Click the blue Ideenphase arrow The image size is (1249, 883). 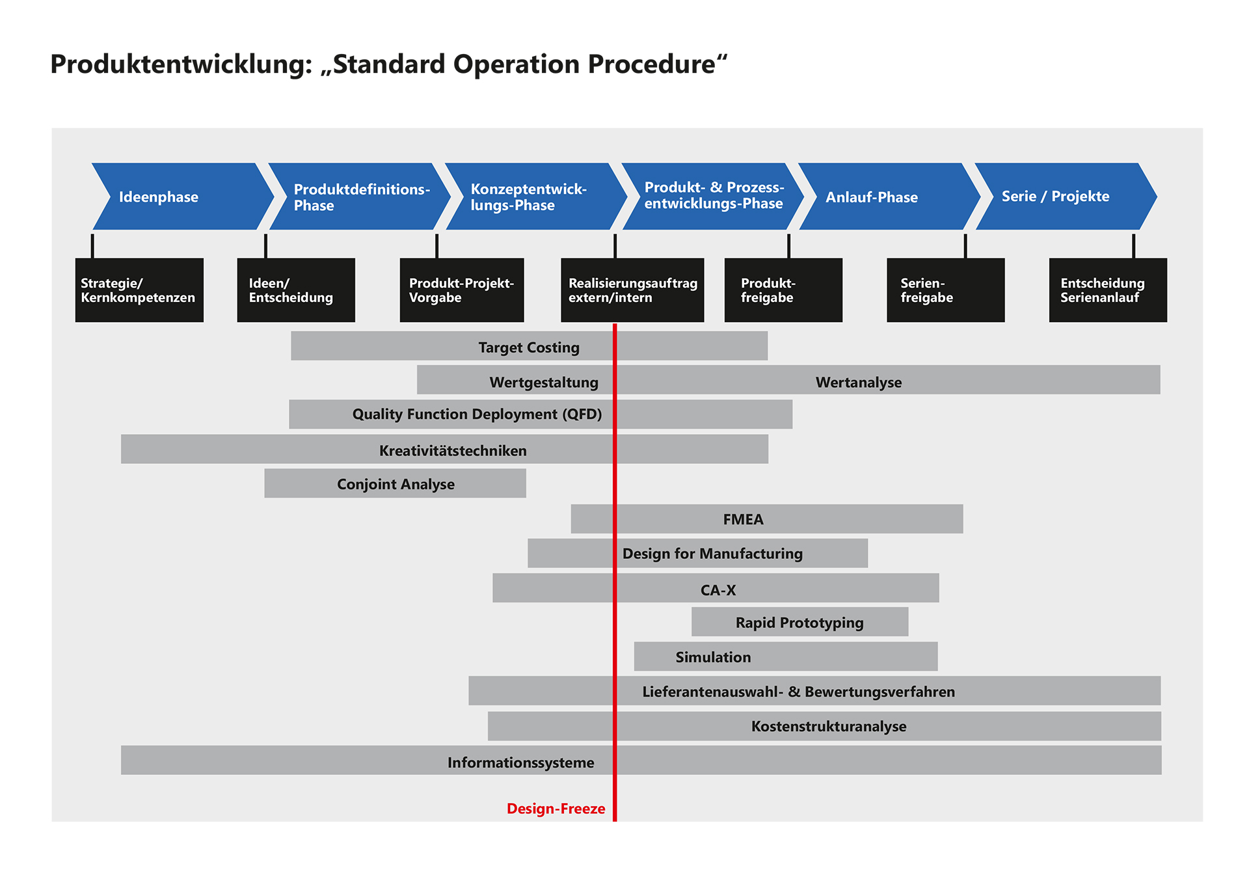tap(176, 197)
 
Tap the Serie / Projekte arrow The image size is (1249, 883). tap(1060, 197)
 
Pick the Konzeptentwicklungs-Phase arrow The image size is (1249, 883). tap(530, 197)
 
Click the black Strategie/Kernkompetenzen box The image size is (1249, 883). tap(139, 290)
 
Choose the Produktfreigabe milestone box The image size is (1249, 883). tap(783, 290)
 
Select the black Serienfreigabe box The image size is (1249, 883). tap(945, 290)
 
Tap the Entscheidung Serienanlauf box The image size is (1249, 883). tap(1107, 290)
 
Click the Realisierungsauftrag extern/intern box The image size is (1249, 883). tap(632, 290)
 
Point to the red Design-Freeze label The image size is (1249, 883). tap(556, 809)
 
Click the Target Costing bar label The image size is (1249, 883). tap(529, 347)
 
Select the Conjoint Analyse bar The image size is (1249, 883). tap(396, 484)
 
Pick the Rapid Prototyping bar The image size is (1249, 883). tap(799, 623)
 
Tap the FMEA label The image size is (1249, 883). tap(743, 519)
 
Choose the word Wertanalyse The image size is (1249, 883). tap(859, 383)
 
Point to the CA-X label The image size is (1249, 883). tap(718, 590)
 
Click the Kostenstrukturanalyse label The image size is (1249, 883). tap(828, 726)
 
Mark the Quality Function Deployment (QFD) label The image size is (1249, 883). tap(477, 414)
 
